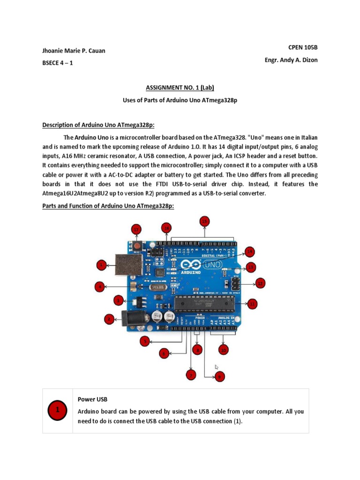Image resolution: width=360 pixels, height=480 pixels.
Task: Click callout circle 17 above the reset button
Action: click(x=136, y=230)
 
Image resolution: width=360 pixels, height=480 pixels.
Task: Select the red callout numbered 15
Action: click(x=204, y=221)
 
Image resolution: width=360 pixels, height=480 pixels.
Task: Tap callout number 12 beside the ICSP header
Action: click(x=261, y=283)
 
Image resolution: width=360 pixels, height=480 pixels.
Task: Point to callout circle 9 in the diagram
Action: click(x=220, y=376)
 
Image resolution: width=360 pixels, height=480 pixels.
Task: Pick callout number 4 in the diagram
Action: click(x=99, y=286)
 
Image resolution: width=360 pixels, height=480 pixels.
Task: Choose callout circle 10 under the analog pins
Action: click(x=224, y=350)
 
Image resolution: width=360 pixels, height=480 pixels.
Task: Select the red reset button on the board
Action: click(x=137, y=246)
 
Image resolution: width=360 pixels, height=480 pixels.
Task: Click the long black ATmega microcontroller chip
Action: click(x=204, y=304)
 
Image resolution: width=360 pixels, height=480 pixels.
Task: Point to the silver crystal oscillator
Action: click(x=156, y=287)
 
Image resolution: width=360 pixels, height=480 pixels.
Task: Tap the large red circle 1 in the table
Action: click(x=58, y=411)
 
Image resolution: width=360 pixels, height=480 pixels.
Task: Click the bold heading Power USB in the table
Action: click(x=92, y=399)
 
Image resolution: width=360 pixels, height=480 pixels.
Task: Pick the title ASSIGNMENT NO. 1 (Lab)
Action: click(x=180, y=88)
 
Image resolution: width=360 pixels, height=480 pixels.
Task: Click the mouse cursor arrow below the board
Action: click(x=217, y=367)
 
